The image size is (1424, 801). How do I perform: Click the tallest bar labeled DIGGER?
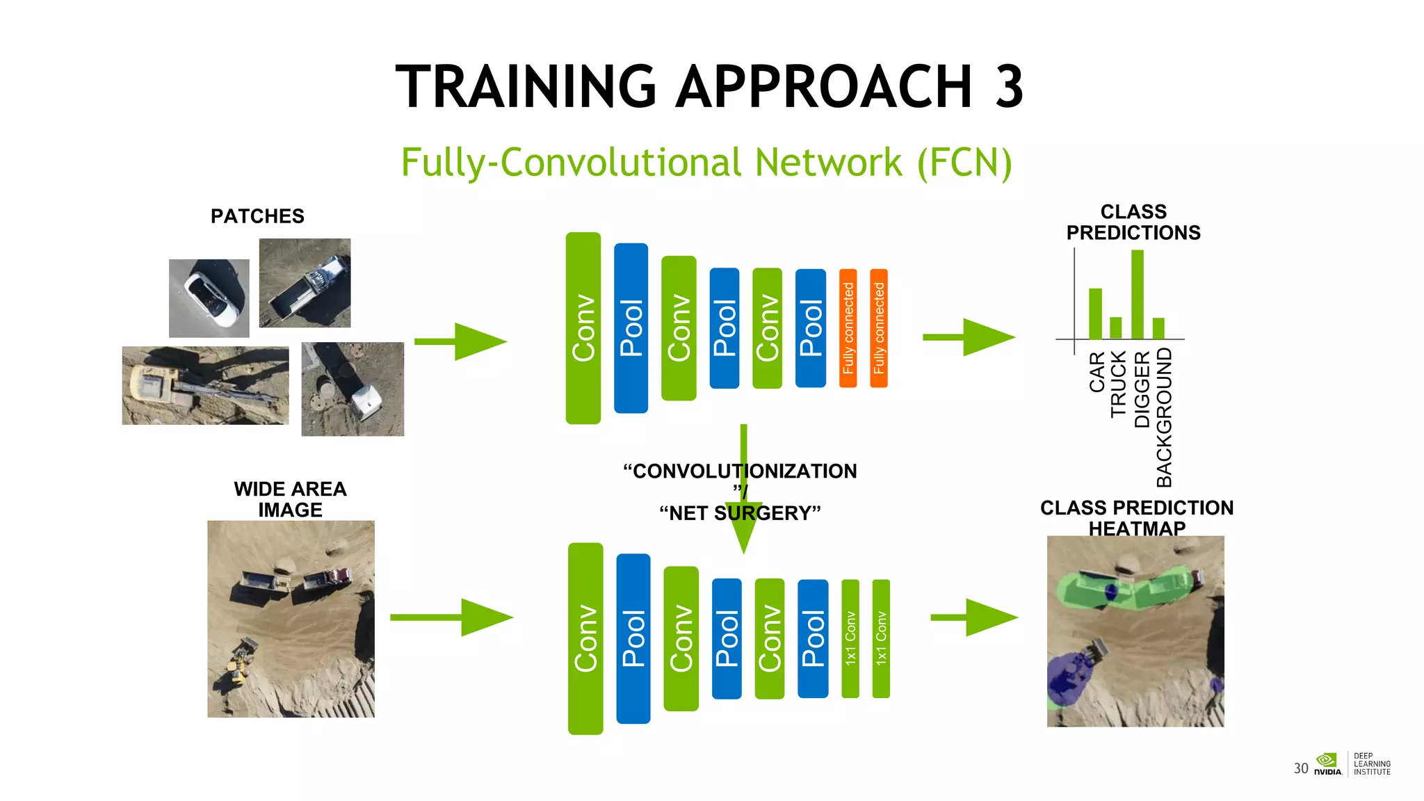point(1138,294)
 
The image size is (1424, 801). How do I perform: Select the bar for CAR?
point(1095,313)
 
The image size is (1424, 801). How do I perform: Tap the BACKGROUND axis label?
point(1164,417)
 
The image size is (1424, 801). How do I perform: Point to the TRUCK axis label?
point(1117,383)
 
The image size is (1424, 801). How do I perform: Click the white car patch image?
point(209,298)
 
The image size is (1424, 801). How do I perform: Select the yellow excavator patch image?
point(205,385)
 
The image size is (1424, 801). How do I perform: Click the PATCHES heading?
point(257,216)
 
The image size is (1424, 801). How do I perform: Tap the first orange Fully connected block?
point(848,328)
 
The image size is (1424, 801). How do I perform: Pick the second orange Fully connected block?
point(879,328)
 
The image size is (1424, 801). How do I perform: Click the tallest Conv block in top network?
point(583,328)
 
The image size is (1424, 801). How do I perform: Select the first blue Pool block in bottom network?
point(633,638)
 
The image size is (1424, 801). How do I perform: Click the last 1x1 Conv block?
point(881,638)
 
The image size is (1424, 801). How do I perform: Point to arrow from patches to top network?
point(460,341)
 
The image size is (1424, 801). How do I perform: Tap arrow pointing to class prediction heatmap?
point(973,617)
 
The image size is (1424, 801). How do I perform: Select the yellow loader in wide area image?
point(239,664)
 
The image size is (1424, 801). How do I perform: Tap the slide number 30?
point(1300,768)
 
